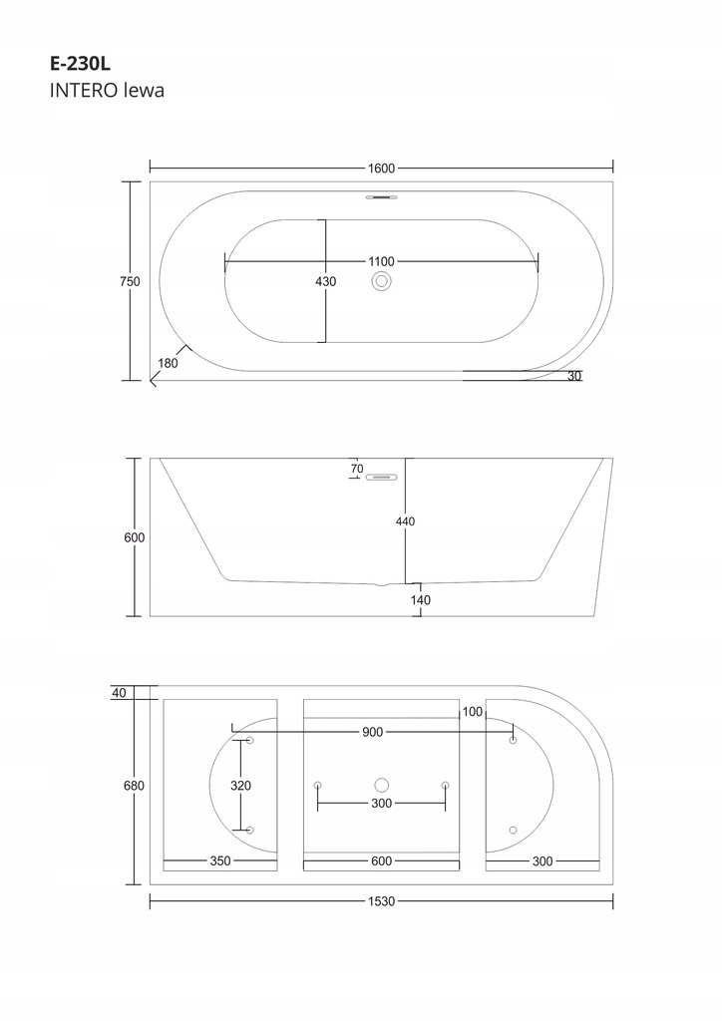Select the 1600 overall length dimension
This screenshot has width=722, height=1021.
click(381, 168)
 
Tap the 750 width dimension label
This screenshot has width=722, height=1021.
click(130, 281)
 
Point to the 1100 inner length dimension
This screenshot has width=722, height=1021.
click(381, 262)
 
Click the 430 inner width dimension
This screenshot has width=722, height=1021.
click(326, 281)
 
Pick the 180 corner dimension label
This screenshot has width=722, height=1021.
click(168, 363)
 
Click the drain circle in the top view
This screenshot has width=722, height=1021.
click(381, 282)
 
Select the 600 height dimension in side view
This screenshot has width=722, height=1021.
click(135, 537)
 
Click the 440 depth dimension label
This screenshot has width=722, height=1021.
click(405, 521)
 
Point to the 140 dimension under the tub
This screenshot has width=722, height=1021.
click(420, 600)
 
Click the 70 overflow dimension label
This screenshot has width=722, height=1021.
click(356, 468)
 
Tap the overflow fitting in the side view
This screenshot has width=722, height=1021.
click(381, 478)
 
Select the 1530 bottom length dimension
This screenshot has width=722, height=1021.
click(381, 901)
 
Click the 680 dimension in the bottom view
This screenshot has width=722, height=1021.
click(135, 786)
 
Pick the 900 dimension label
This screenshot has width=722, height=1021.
click(373, 733)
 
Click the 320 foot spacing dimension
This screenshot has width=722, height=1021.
click(240, 786)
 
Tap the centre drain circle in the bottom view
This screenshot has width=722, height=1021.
click(381, 786)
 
